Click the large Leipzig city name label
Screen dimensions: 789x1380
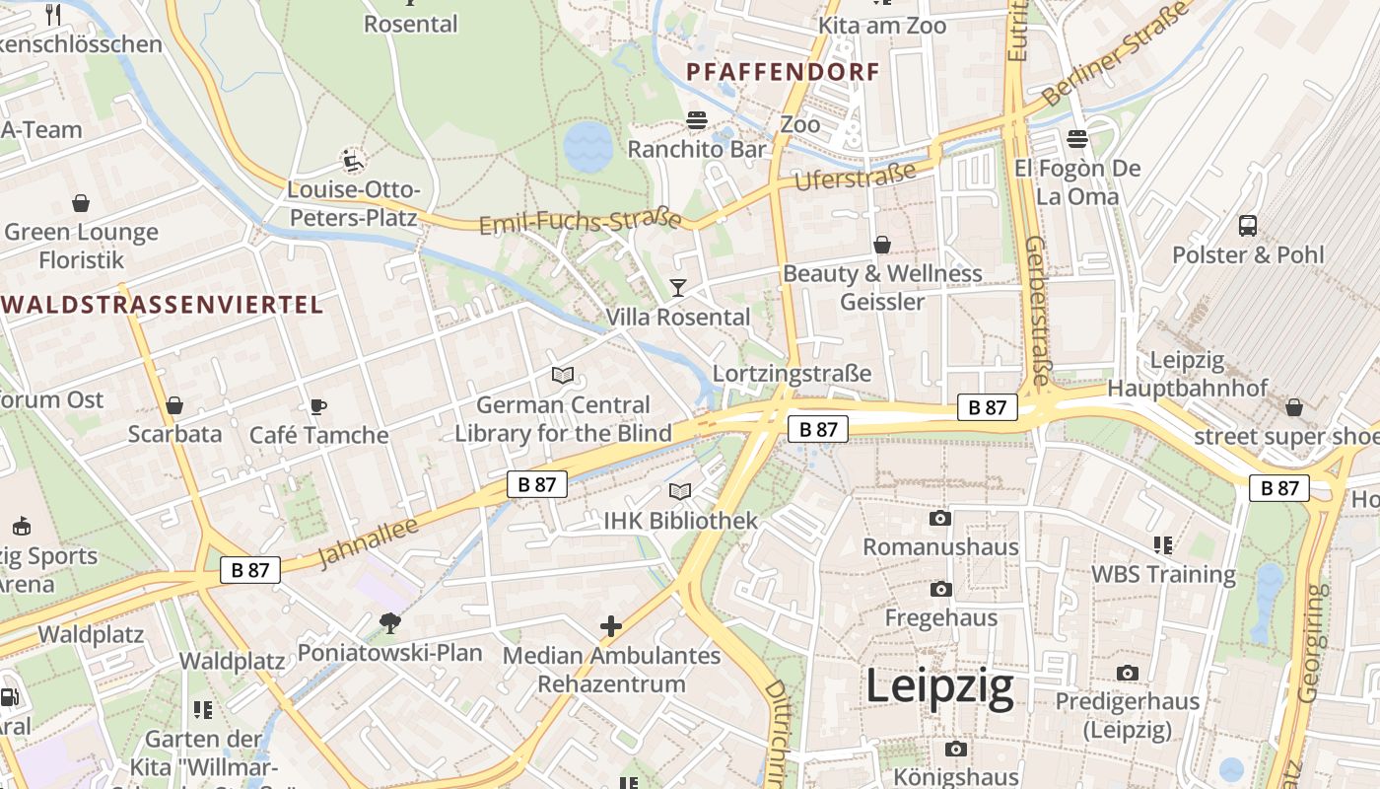coord(939,687)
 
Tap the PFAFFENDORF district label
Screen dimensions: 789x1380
coord(783,72)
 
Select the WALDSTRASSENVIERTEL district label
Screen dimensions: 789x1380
coord(163,305)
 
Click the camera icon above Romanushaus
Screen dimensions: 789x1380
coord(940,518)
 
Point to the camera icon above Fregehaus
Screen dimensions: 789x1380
coord(940,589)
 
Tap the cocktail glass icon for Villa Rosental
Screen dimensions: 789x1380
coord(678,288)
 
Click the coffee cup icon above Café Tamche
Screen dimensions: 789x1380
coord(317,405)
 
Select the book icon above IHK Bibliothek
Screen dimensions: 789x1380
coord(680,491)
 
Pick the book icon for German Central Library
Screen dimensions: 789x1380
coord(563,376)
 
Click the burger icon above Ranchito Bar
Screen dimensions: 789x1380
coord(697,120)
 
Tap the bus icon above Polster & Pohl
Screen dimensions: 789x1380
coord(1247,225)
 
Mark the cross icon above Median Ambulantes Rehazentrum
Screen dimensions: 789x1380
coord(611,625)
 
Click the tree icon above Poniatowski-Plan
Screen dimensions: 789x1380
coord(390,622)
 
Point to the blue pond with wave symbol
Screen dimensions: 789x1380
coord(588,148)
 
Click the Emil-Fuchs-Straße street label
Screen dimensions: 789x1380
coord(581,221)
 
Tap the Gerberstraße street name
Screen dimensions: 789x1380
coord(1037,310)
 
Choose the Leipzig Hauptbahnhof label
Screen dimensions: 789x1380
coord(1187,374)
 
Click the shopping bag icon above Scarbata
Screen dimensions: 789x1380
coord(174,405)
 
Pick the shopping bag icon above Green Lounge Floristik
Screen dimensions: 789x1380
coord(81,203)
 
